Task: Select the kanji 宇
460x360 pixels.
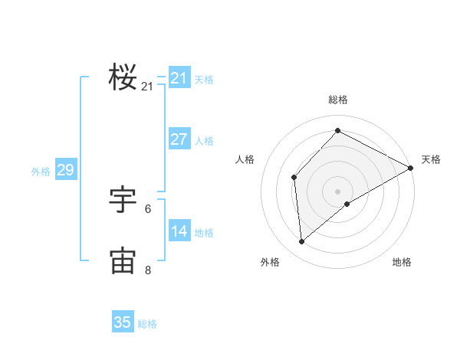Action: coord(123,200)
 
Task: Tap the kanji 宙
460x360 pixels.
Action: coord(123,260)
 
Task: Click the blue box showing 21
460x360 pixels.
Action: coord(179,78)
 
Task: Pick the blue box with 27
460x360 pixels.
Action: coord(179,139)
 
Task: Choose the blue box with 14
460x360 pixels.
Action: coord(179,231)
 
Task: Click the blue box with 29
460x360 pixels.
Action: coord(65,170)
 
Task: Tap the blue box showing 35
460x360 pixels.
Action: coord(123,322)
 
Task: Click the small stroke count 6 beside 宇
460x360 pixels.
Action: coord(148,208)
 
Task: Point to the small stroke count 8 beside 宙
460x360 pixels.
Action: coord(148,270)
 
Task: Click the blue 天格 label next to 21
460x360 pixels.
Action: coord(204,79)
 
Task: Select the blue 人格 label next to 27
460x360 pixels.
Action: coord(204,140)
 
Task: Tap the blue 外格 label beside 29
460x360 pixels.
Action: coord(41,172)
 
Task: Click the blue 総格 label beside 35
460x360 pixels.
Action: coord(147,324)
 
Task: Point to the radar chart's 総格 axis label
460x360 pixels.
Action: coord(337,100)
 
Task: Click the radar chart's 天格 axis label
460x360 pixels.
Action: coord(431,159)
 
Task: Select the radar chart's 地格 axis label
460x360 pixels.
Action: coord(402,262)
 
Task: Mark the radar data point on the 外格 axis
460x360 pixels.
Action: coord(302,241)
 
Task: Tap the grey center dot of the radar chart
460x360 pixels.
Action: coord(337,191)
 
